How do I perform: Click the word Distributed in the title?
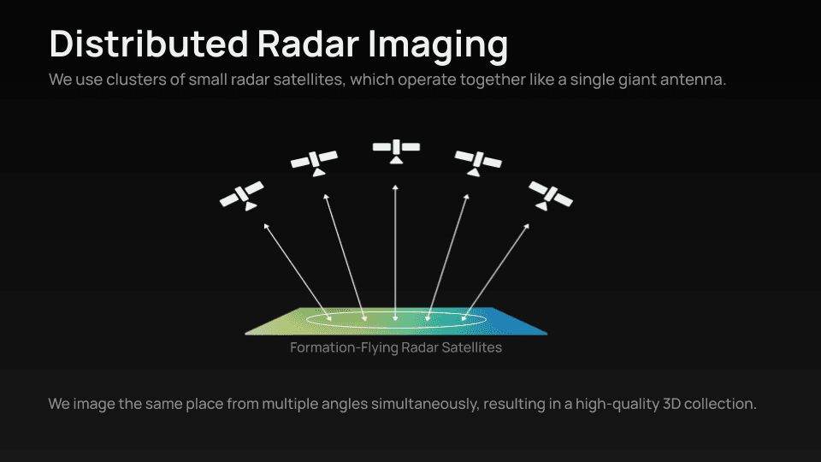149,44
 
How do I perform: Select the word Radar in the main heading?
308,44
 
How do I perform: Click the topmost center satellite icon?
396,151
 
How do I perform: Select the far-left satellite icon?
242,195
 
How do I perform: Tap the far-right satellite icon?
550,195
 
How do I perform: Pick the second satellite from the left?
314,163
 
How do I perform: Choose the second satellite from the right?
477,163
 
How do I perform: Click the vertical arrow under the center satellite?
395,252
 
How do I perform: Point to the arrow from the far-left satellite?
298,272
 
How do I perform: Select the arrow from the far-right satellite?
495,272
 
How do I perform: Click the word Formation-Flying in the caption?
344,348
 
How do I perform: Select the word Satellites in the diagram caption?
472,347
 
